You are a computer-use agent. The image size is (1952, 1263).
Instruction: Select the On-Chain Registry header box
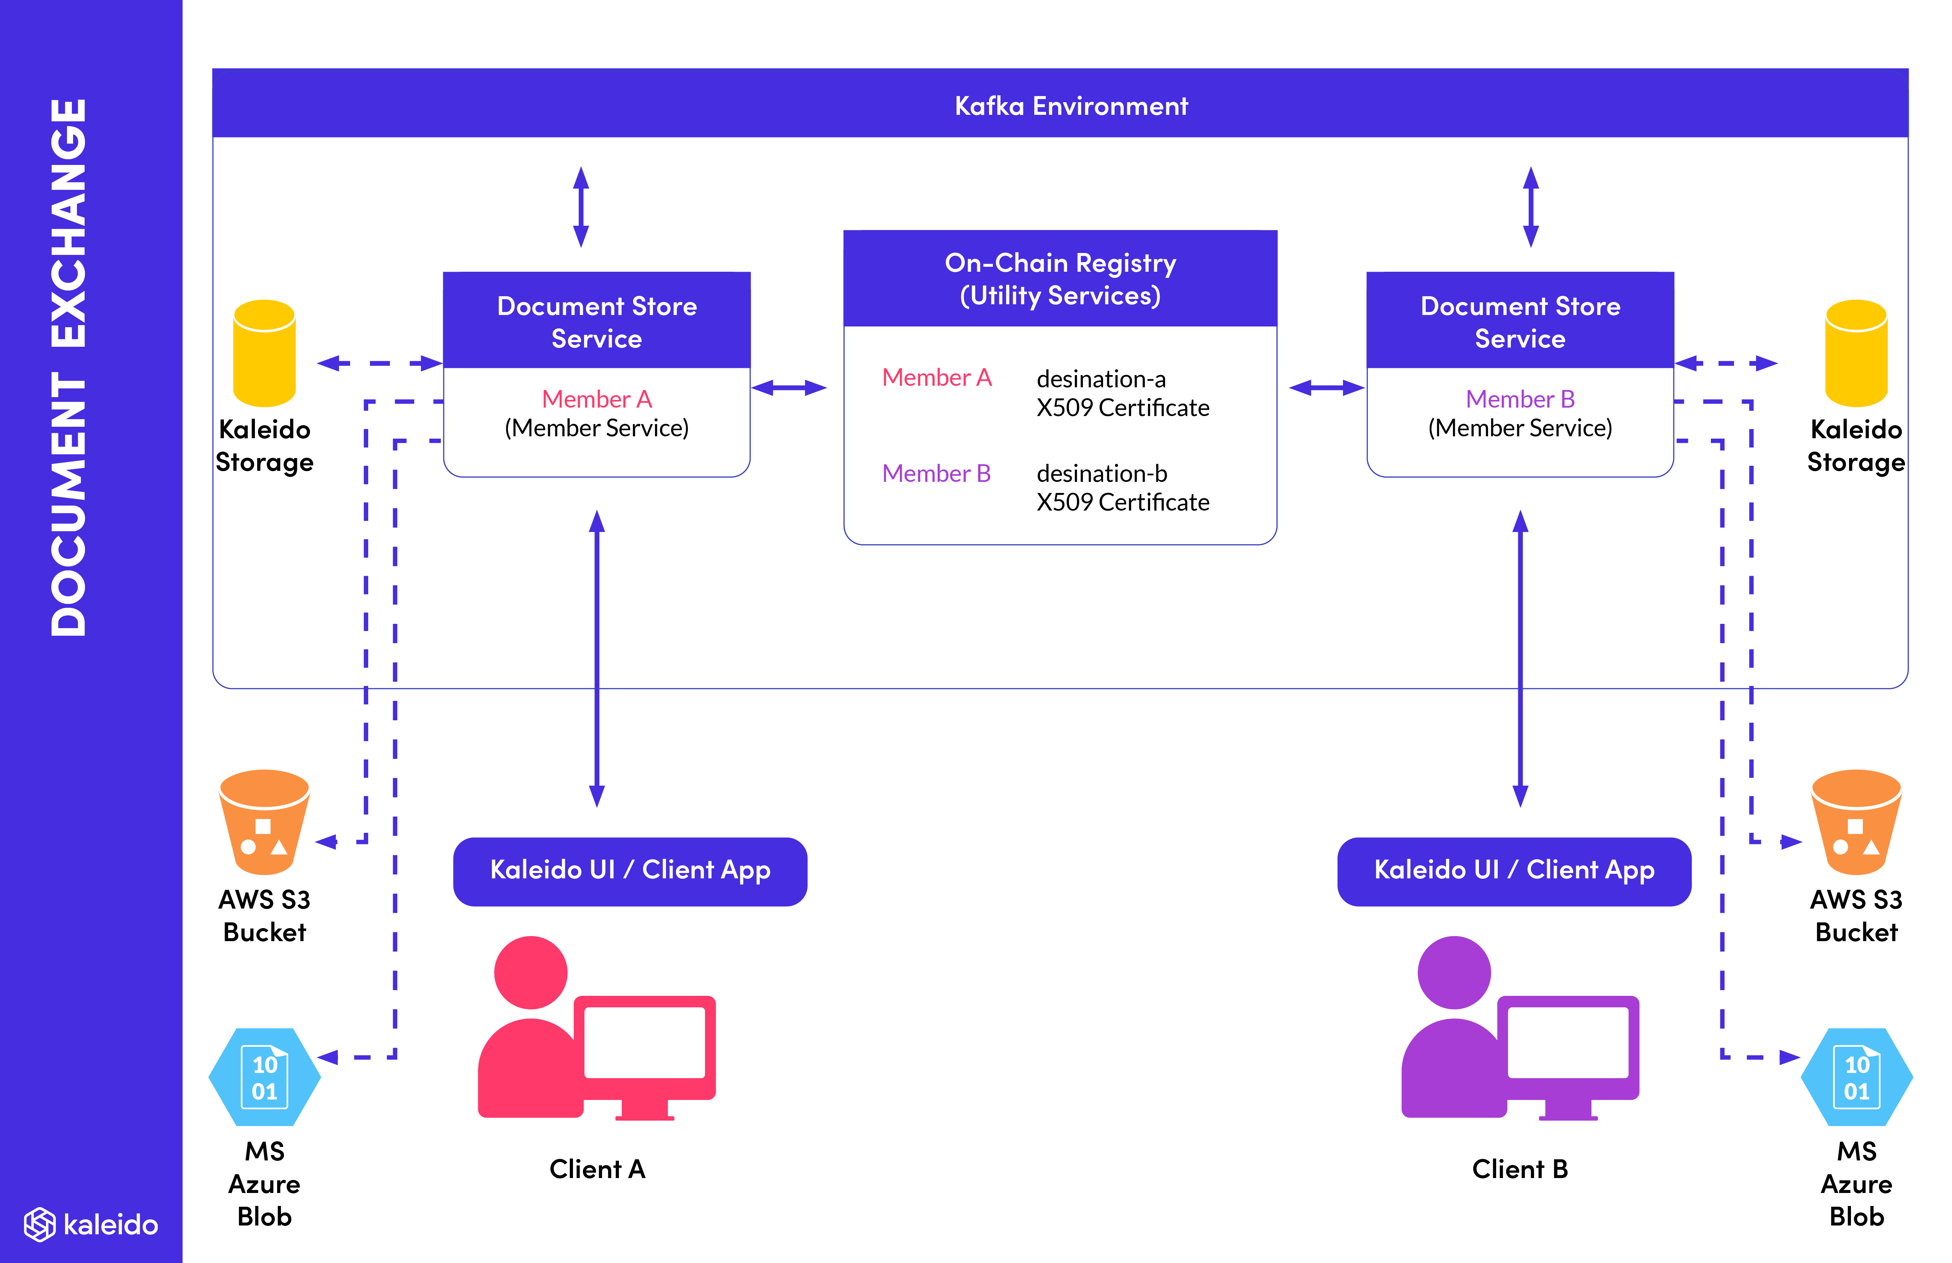(1060, 279)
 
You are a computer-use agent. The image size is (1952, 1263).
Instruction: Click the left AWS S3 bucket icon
(264, 822)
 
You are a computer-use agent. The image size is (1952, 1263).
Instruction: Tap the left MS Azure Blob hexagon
(264, 1077)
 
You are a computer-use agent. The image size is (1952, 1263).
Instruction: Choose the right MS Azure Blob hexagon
(1856, 1077)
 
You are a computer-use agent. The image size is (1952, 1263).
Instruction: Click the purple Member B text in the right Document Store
(1520, 400)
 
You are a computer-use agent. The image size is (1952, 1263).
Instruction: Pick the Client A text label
(597, 1169)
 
